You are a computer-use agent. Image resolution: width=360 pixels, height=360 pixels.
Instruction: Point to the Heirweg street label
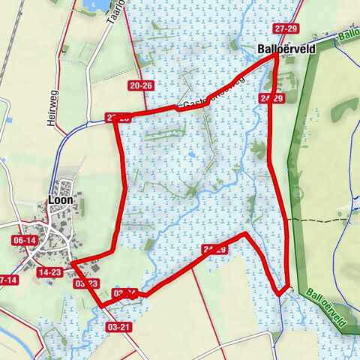click(x=52, y=110)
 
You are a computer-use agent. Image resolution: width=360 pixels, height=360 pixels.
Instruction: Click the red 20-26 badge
click(x=141, y=86)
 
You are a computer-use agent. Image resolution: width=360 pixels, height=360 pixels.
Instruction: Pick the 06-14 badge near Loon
click(x=24, y=240)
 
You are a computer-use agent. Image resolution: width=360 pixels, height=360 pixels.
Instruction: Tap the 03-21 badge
click(x=119, y=327)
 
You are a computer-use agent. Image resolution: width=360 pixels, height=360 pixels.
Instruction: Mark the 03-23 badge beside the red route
click(x=86, y=283)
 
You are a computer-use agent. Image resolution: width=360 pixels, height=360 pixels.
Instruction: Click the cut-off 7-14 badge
click(x=7, y=280)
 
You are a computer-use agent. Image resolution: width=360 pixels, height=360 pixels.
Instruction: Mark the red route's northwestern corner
click(x=115, y=120)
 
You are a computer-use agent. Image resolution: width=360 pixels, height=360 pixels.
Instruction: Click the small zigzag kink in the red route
click(x=133, y=295)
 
